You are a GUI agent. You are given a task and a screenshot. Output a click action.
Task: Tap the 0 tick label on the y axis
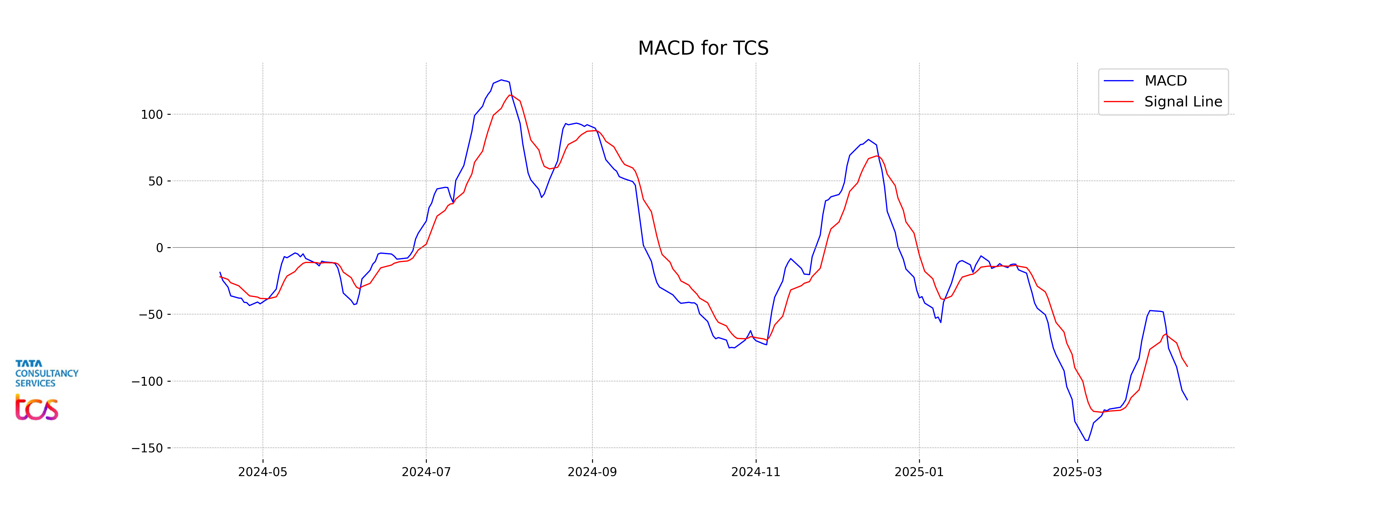(x=159, y=248)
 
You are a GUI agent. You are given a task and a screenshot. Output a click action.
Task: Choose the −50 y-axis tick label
(x=151, y=314)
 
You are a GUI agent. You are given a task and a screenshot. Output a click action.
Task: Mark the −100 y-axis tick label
(x=147, y=381)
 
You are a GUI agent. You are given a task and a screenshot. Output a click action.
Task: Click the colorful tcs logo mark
(x=36, y=408)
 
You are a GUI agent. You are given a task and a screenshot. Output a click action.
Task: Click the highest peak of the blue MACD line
(x=501, y=80)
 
